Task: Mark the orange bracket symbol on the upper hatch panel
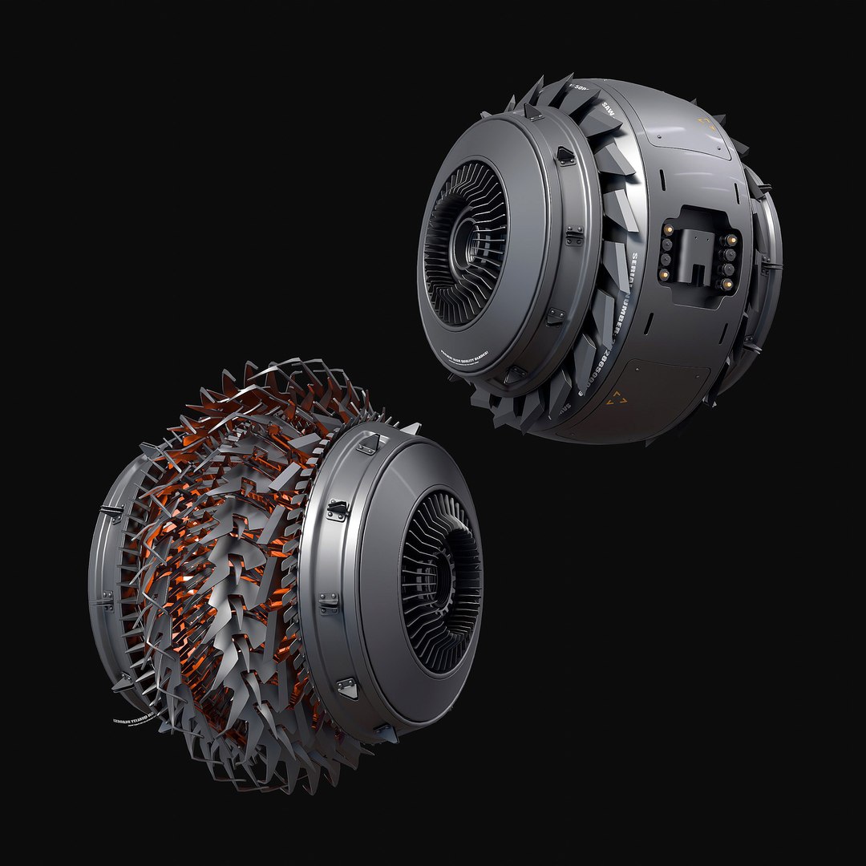(706, 125)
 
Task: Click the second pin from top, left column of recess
(666, 243)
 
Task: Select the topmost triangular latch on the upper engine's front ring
(565, 156)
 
